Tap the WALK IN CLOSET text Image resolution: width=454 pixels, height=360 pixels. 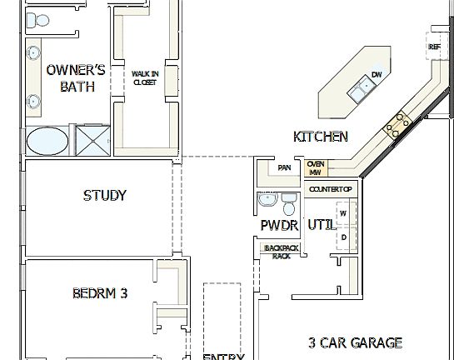pyautogui.click(x=144, y=77)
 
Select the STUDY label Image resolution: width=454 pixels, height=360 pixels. pyautogui.click(x=105, y=196)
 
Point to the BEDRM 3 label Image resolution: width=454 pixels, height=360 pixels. pyautogui.click(x=99, y=292)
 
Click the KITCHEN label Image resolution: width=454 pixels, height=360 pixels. pyautogui.click(x=321, y=137)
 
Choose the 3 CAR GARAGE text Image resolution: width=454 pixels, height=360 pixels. pyautogui.click(x=355, y=342)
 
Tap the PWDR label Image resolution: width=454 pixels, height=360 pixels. pyautogui.click(x=278, y=225)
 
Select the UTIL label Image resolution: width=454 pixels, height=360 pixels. pyautogui.click(x=322, y=225)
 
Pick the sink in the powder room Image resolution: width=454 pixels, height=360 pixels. pyautogui.click(x=266, y=202)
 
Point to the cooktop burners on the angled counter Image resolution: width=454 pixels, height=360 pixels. pyautogui.click(x=397, y=123)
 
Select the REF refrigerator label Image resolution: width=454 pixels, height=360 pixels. pyautogui.click(x=434, y=47)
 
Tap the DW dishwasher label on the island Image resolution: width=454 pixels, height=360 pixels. pyautogui.click(x=377, y=75)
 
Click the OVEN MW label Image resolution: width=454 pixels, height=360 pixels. pyautogui.click(x=316, y=168)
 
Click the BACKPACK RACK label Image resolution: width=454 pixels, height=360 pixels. pyautogui.click(x=281, y=252)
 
